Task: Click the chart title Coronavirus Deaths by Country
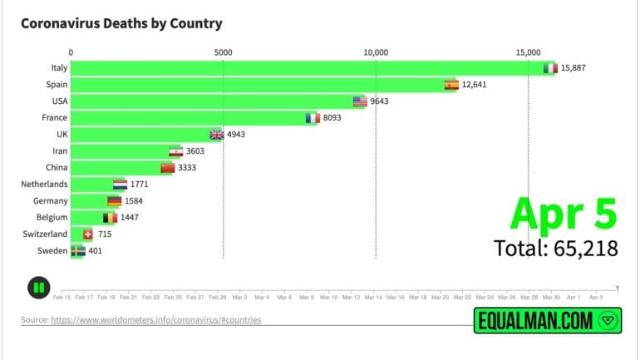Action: [121, 24]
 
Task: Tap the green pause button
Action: [37, 288]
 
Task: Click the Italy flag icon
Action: [549, 68]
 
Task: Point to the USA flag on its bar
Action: [360, 101]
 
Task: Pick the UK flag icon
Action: [217, 135]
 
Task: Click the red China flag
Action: [168, 168]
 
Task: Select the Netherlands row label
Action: [45, 185]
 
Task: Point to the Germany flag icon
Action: [114, 201]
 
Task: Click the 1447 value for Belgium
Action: [129, 218]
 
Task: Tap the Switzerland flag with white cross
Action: [88, 234]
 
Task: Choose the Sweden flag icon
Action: [78, 251]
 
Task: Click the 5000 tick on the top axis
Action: [224, 52]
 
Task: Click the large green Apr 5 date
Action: [564, 213]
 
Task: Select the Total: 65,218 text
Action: [555, 248]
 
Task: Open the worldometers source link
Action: [141, 319]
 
